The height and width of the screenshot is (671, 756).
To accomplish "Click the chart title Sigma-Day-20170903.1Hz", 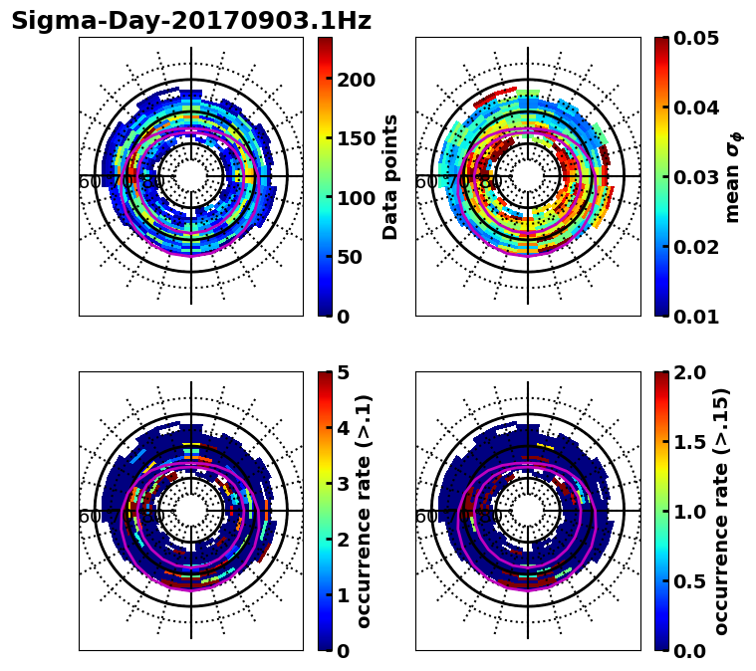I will (x=190, y=21).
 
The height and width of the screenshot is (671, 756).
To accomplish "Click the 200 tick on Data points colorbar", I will (x=356, y=80).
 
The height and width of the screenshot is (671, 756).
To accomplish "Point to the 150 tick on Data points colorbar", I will (x=356, y=138).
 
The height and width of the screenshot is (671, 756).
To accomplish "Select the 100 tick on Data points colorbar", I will (x=356, y=198).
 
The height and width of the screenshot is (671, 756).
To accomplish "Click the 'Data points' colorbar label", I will (x=390, y=176).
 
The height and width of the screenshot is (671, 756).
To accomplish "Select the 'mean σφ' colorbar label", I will (x=733, y=176).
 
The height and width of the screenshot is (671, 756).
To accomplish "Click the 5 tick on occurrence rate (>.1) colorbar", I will (x=344, y=372).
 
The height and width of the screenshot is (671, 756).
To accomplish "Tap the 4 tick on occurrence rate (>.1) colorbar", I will (x=344, y=428).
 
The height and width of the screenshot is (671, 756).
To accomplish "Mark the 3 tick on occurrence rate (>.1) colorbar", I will (x=344, y=484).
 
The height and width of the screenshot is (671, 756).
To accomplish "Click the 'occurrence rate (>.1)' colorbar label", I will (x=365, y=511).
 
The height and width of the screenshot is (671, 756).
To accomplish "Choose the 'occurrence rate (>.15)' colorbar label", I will (x=721, y=511).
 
